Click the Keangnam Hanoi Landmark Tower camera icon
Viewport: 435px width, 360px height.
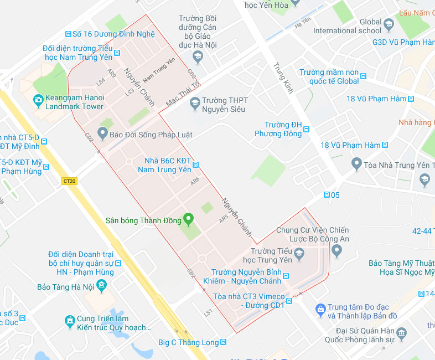[38, 100]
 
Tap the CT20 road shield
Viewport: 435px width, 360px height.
[69, 181]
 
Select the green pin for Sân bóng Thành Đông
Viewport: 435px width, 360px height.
[188, 220]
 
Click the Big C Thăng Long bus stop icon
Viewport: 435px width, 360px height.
[224, 342]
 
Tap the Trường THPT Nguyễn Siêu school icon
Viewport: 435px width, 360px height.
[194, 102]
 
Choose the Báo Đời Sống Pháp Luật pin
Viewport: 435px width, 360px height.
[102, 133]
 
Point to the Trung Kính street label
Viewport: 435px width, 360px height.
[283, 77]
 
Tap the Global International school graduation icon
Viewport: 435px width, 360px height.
[389, 24]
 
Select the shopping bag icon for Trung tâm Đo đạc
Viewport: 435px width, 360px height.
[320, 307]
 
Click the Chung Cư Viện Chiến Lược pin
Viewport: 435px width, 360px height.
[336, 251]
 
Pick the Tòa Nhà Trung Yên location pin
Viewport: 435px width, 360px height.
[357, 164]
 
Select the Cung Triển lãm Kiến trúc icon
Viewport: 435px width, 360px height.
[70, 320]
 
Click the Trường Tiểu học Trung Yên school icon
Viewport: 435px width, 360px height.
[299, 254]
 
